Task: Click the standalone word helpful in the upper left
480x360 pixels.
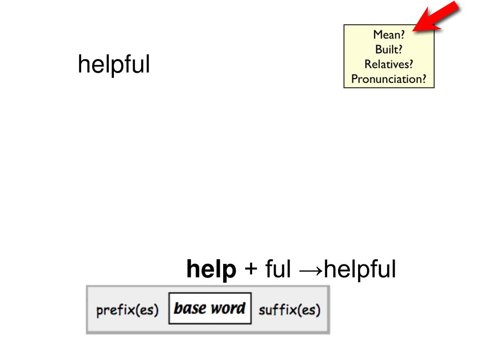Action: tap(113, 65)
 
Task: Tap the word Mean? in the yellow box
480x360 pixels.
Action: tap(389, 34)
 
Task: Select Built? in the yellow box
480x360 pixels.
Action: tap(389, 49)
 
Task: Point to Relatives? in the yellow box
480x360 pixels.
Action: tap(389, 64)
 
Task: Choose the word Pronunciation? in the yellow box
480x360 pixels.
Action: tap(389, 79)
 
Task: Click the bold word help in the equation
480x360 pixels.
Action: tap(211, 270)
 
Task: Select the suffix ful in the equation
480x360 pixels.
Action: tap(278, 270)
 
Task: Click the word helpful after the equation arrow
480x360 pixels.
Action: tap(360, 270)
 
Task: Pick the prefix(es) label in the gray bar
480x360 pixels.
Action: tap(127, 310)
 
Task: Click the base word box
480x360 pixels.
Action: tap(210, 308)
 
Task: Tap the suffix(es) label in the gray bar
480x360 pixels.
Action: tap(289, 310)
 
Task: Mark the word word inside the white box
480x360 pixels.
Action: tap(227, 308)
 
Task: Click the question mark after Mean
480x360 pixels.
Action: tap(402, 34)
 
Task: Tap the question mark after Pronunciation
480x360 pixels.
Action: tap(424, 79)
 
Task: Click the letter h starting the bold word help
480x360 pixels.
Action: tap(192, 270)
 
